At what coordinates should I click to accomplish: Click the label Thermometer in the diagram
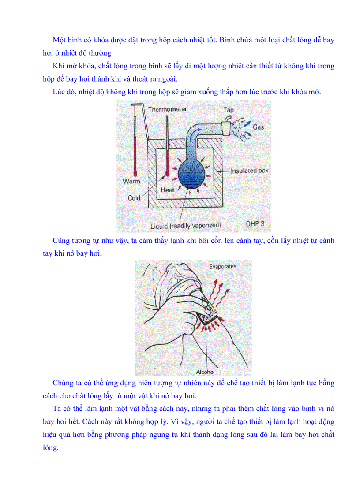point(167,109)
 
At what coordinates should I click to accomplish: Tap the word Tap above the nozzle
point(228,110)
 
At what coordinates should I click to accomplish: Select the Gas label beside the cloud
point(259,127)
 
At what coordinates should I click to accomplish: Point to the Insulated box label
point(249,171)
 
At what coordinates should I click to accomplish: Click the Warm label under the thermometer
point(131,181)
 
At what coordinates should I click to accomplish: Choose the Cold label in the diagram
point(134,198)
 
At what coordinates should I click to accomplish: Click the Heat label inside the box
point(167,190)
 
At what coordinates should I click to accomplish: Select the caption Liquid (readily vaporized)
point(186,225)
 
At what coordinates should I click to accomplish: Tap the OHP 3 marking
point(255,223)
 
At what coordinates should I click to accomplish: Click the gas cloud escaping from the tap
point(242,128)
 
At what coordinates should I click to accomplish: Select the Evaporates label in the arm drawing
point(223,266)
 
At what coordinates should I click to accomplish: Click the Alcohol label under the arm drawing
point(205,372)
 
